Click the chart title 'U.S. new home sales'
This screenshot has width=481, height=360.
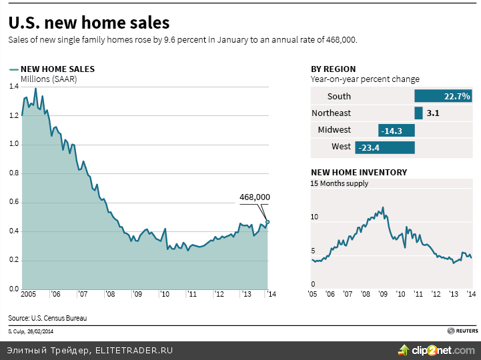(x=89, y=23)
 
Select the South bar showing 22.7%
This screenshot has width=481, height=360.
(x=443, y=96)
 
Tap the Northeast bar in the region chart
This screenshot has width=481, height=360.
(x=418, y=113)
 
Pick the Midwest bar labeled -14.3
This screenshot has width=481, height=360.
(x=396, y=130)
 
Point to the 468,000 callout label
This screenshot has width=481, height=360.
(x=255, y=197)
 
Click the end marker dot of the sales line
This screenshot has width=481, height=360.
(x=268, y=222)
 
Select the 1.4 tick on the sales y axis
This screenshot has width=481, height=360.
(x=13, y=87)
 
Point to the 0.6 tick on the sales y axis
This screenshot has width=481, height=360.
(x=13, y=203)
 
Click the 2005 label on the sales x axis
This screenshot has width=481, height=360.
(x=28, y=294)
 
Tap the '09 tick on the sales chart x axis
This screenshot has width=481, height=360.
(x=136, y=294)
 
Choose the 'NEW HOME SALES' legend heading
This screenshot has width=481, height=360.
(x=57, y=69)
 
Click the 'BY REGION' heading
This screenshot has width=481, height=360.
(x=333, y=69)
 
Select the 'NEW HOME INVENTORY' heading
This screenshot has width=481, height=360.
(x=359, y=172)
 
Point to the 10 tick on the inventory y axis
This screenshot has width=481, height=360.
(x=315, y=217)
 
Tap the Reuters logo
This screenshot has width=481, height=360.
(x=462, y=330)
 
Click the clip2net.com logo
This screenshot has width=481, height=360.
(x=436, y=349)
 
